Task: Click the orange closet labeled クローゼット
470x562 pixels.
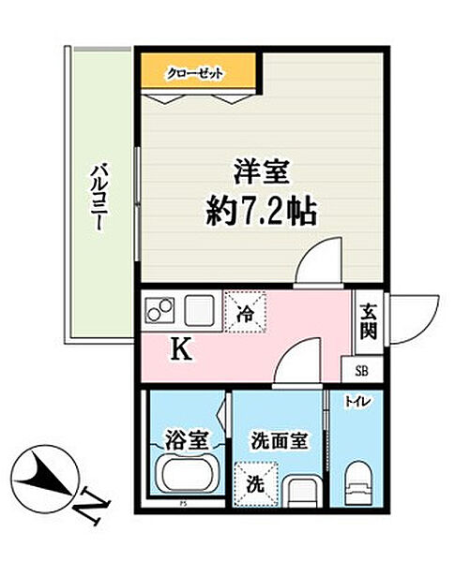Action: (198, 71)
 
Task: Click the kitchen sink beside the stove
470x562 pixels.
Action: (200, 308)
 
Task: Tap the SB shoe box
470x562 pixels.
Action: (361, 368)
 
